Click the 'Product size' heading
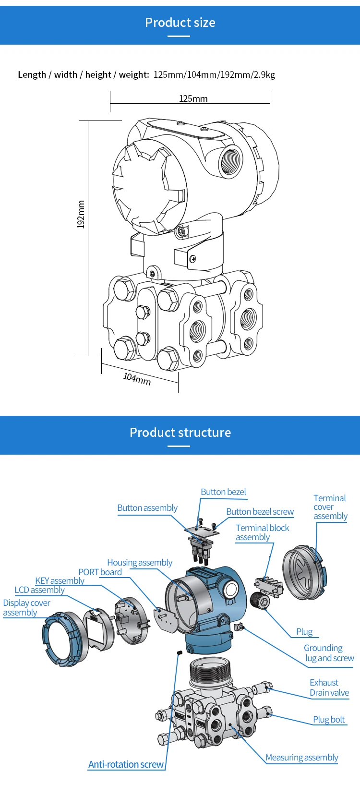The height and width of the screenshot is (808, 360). coord(180,23)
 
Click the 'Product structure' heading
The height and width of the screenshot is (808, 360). coord(180,432)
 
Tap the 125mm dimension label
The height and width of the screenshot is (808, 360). coord(193,98)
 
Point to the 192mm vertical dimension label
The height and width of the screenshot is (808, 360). coord(81,214)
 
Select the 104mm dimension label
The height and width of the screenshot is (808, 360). coord(137,379)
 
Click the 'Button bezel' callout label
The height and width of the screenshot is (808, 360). coord(223,492)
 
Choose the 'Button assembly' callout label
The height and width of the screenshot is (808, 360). coord(147,508)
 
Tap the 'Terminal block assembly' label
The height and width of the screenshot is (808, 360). coord(262,532)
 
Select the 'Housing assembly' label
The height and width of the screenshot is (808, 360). coord(140,563)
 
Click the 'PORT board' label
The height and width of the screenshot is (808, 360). coord(100,572)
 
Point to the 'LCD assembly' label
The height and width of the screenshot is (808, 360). coord(39,590)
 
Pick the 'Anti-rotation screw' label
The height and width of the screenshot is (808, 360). coord(126,764)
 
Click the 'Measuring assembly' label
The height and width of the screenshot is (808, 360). coord(301,758)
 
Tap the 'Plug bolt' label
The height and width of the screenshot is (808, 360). coord(329,720)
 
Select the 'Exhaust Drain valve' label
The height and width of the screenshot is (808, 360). coord(329,687)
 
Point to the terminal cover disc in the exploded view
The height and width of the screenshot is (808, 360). coord(304,572)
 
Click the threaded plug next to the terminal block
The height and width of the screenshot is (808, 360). coord(260,601)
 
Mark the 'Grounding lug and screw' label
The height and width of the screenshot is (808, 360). coord(329,653)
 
